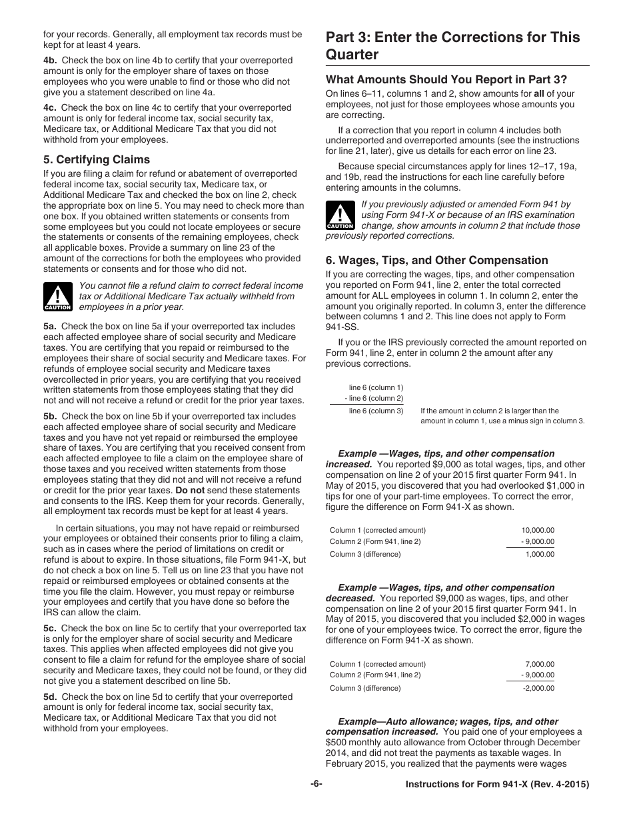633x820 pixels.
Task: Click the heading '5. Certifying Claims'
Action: [x=97, y=159]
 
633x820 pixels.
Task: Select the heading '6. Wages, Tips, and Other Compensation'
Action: [x=436, y=260]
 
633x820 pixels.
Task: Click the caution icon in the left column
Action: [x=57, y=297]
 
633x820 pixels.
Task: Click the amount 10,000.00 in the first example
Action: [x=537, y=531]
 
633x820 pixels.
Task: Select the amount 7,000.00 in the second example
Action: [x=539, y=664]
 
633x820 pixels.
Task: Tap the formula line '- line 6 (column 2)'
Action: [x=374, y=398]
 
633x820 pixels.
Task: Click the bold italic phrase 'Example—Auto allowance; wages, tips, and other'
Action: [x=448, y=721]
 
